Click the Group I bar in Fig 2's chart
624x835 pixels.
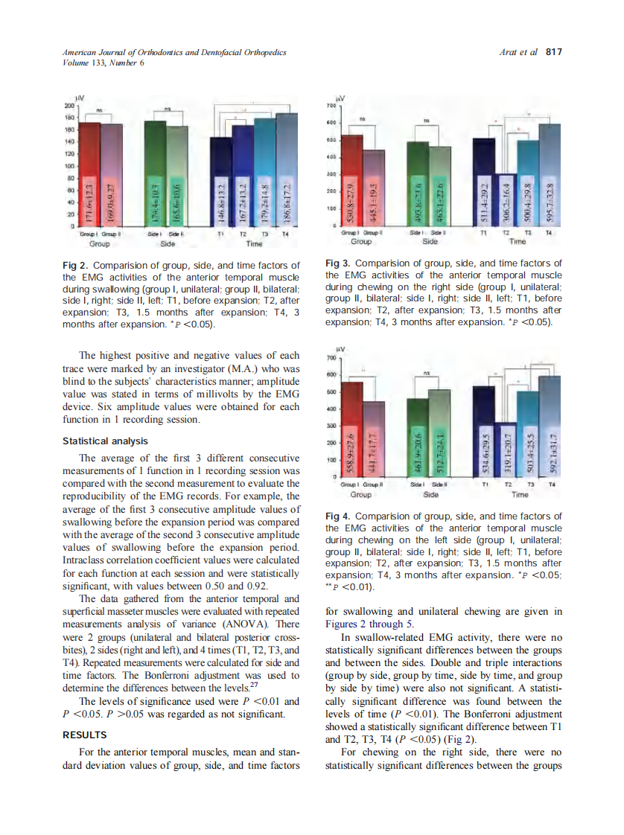tap(90, 174)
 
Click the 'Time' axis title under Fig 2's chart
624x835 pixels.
tap(254, 243)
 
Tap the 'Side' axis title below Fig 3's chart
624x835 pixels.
tap(430, 241)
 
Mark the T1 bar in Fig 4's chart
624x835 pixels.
tap(484, 432)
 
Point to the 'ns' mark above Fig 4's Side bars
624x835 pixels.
tap(427, 373)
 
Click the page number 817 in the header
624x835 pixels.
tap(553, 52)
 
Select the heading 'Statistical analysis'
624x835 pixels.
tap(105, 441)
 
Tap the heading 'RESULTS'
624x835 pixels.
tap(84, 735)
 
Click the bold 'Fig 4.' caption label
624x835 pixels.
tap(340, 516)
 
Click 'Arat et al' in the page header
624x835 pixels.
tap(520, 52)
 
